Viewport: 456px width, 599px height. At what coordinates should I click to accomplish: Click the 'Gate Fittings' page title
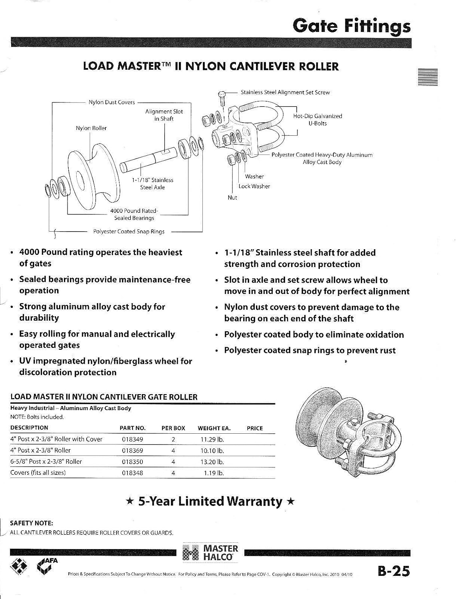[351, 26]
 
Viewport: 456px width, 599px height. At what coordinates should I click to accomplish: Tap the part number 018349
[132, 439]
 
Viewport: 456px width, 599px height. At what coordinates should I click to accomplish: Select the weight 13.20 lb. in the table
[212, 462]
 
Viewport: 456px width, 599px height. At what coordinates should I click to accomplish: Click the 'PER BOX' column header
[173, 428]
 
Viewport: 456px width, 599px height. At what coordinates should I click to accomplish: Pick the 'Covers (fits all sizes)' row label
[38, 473]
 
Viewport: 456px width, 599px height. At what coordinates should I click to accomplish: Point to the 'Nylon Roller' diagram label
[91, 128]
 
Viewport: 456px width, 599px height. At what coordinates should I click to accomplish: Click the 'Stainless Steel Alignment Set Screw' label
[285, 92]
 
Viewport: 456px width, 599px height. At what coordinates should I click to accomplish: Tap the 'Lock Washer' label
[254, 186]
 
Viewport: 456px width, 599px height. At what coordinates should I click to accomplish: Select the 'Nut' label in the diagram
[232, 198]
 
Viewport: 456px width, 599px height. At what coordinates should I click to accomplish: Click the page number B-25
[394, 571]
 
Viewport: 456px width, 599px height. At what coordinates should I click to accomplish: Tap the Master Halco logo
[210, 553]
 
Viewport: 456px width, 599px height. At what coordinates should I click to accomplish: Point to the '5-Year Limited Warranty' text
[210, 501]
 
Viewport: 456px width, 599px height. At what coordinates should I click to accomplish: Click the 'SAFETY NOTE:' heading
[32, 523]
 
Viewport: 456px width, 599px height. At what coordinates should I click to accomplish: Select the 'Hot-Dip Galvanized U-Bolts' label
[317, 120]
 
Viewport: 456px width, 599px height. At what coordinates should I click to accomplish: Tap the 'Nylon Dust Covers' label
[112, 102]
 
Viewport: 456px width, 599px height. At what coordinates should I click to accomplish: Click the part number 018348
[132, 473]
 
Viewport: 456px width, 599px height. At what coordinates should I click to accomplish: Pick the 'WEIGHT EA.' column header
[214, 428]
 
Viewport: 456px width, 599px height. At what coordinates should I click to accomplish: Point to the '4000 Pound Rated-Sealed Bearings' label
[134, 214]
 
